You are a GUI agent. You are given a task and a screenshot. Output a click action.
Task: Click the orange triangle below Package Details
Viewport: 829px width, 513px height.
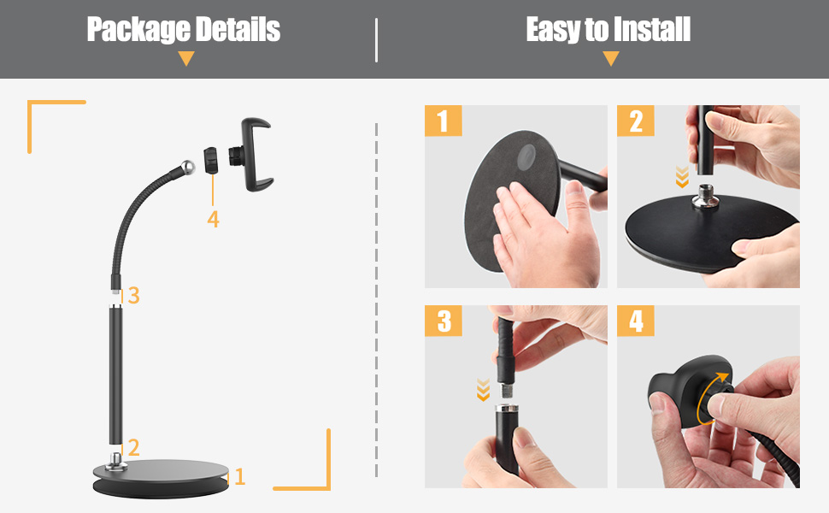point(186,59)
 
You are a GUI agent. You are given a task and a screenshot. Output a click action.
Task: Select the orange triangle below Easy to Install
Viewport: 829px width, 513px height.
point(610,59)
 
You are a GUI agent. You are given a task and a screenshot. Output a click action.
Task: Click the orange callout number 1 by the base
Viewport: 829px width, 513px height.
point(240,477)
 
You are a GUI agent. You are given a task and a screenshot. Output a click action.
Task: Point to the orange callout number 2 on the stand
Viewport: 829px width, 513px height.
point(132,447)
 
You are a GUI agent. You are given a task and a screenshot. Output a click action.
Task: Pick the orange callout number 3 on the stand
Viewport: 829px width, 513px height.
point(133,296)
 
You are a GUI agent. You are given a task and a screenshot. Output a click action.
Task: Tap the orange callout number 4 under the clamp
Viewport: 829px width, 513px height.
point(213,220)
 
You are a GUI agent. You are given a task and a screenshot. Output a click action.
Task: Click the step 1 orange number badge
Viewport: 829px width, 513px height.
point(443,121)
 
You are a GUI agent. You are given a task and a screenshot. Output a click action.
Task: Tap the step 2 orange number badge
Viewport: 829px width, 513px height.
point(636,121)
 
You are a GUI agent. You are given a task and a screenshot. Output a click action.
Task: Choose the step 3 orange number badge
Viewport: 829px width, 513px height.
point(443,321)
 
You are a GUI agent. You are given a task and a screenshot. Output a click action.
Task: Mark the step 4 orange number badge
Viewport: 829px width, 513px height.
point(636,321)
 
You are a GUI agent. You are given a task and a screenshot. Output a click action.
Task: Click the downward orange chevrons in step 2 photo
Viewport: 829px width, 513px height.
point(681,177)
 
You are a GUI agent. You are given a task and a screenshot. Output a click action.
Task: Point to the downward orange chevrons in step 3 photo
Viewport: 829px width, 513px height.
point(483,391)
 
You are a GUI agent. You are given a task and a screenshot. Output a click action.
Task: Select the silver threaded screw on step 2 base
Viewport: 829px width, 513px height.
point(708,194)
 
